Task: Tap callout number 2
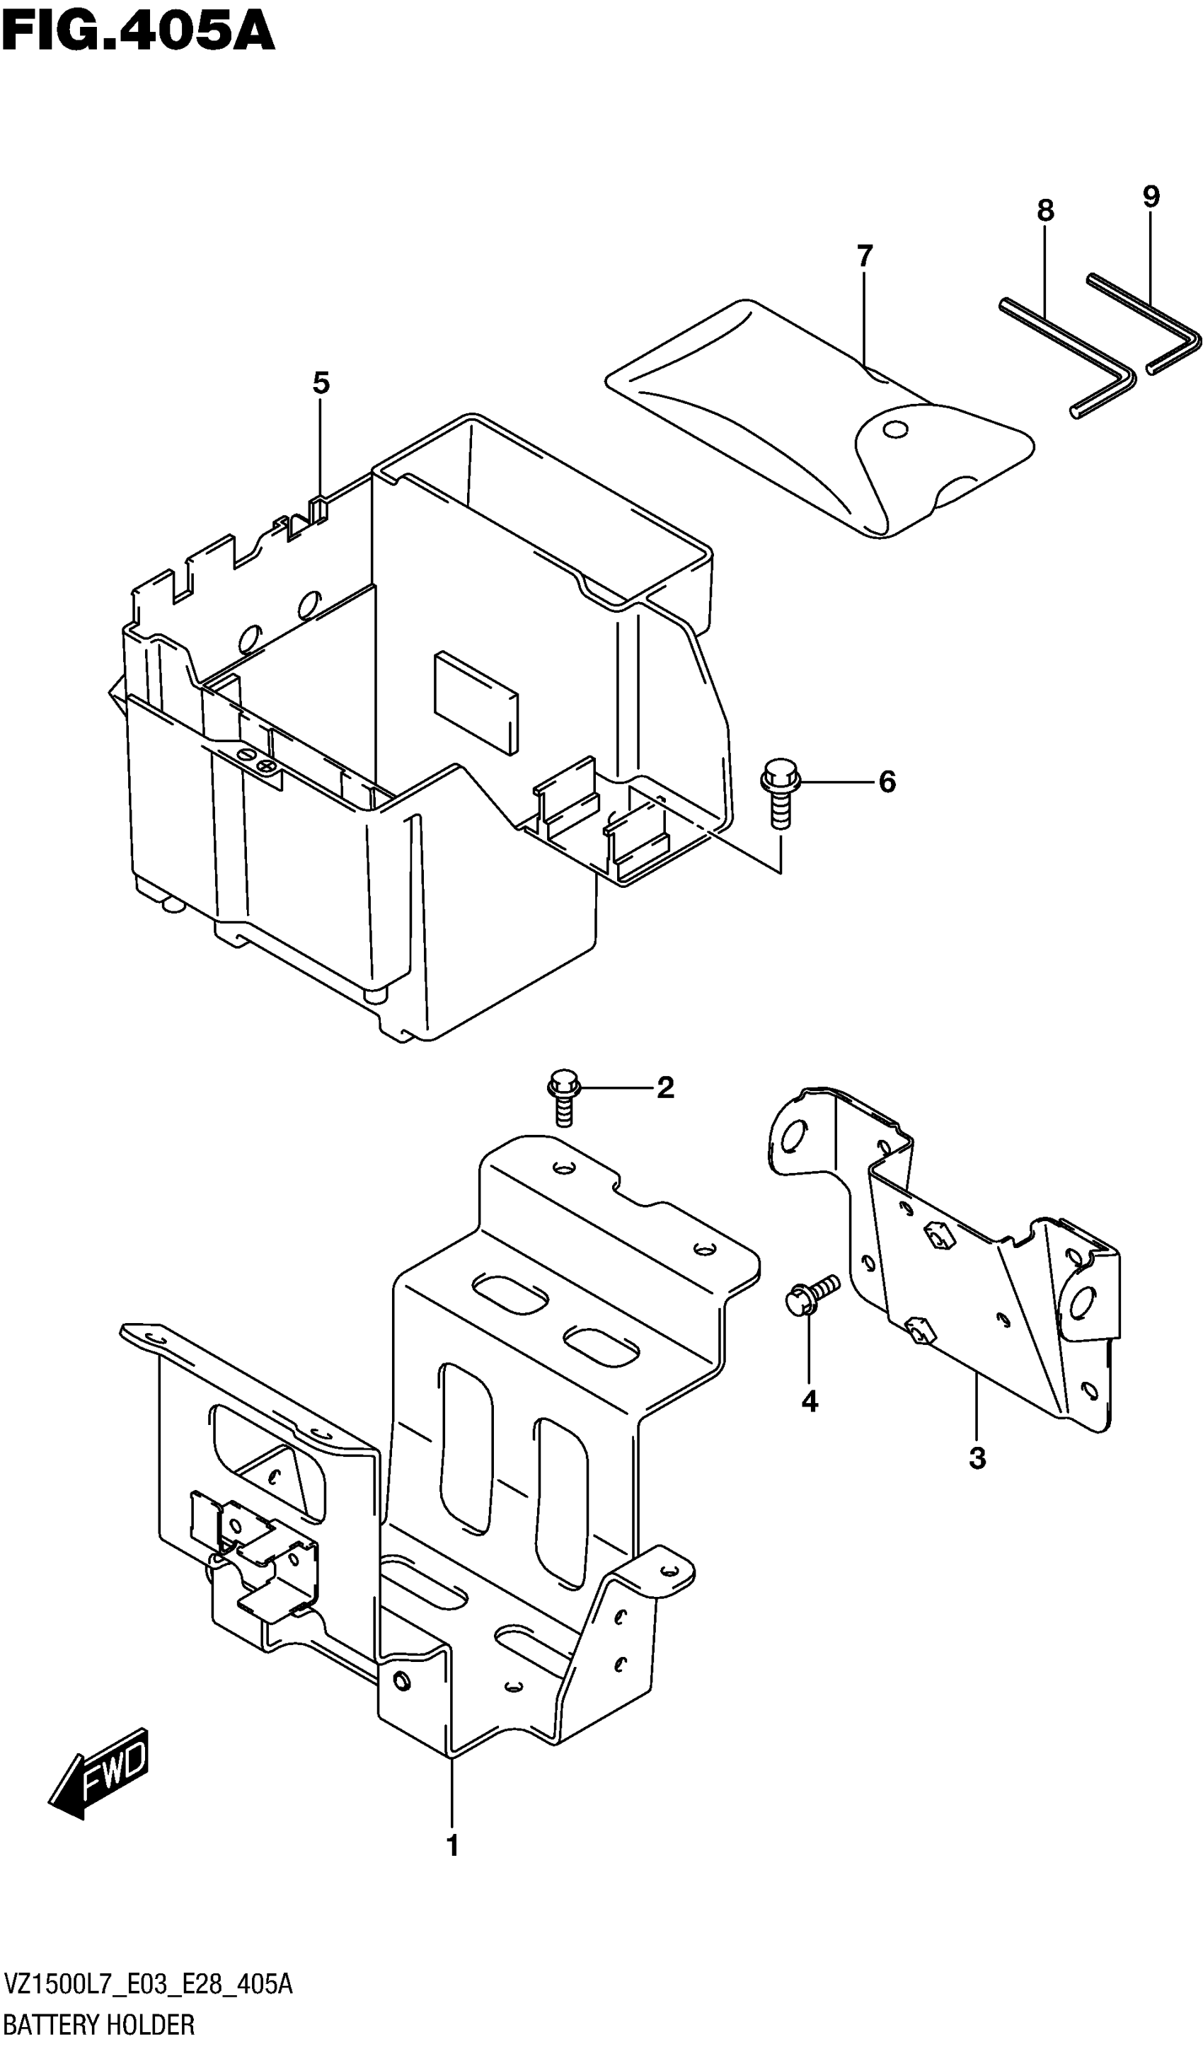tap(665, 1088)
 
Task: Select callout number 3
tap(977, 1459)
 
